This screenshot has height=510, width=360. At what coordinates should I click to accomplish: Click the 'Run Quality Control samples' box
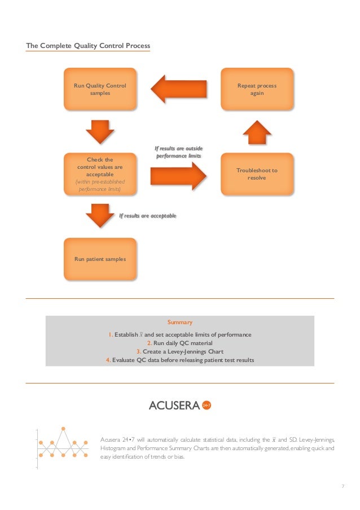coord(100,89)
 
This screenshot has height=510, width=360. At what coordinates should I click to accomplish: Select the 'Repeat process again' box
coord(257,89)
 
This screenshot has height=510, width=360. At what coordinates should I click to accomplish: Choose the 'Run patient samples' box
coord(100,259)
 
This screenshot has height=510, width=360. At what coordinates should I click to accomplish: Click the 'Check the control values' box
coord(100,174)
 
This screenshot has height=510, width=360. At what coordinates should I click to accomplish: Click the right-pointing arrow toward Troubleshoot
coord(179,176)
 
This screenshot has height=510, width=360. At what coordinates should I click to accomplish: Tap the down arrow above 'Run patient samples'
coord(100,215)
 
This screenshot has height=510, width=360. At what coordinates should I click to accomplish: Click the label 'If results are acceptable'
coord(148,216)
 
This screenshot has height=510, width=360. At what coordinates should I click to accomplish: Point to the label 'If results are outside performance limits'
coord(178,152)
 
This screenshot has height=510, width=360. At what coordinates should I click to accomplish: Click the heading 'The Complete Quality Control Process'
coord(88,45)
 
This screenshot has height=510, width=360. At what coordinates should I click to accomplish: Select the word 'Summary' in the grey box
coord(180,322)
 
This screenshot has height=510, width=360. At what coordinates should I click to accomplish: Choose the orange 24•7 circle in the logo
coord(207,405)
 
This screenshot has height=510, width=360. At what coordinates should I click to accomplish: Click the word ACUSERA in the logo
coord(174,405)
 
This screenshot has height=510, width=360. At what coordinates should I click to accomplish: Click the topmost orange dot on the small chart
coord(63,429)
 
